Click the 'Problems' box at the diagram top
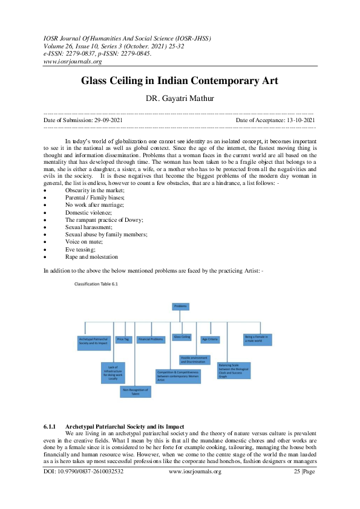pyautogui.click(x=180, y=306)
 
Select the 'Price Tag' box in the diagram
pyautogui.click(x=123, y=339)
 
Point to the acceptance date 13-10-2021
pyautogui.click(x=297, y=121)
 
